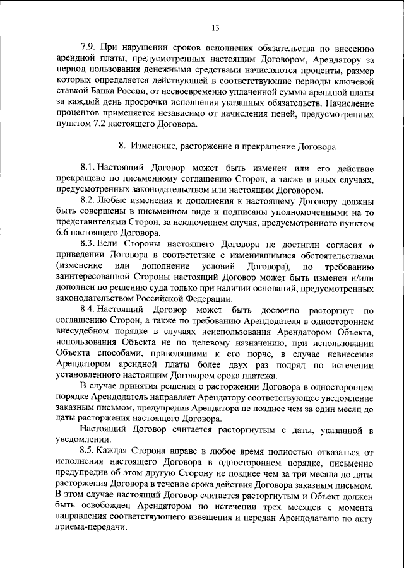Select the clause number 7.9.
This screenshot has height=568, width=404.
click(89, 48)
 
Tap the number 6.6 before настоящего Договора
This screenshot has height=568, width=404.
click(63, 233)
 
